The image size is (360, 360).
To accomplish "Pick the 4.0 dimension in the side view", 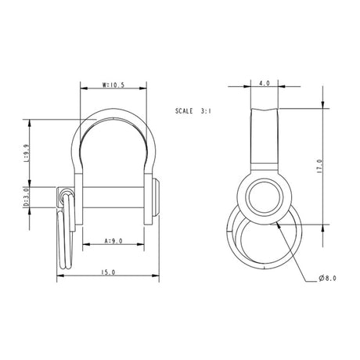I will point(264,81).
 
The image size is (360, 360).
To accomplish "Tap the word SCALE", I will point(189,112).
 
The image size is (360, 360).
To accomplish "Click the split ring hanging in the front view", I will point(64,235).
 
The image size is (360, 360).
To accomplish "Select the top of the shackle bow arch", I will point(115,112).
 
